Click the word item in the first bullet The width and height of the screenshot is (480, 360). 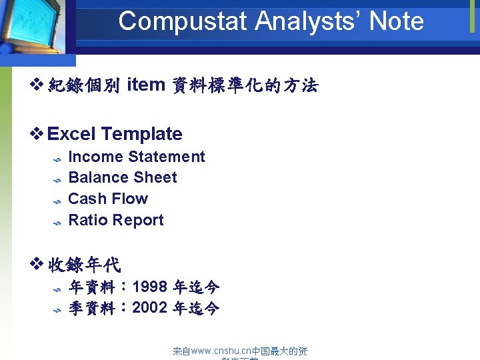click(146, 85)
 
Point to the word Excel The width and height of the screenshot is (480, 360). click(73, 134)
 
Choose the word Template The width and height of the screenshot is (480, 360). click(142, 134)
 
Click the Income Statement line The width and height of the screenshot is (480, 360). click(137, 157)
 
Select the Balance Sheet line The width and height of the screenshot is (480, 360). click(123, 177)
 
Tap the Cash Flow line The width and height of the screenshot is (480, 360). click(108, 199)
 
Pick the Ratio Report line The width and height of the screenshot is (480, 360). click(116, 220)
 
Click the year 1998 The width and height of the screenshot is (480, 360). click(150, 287)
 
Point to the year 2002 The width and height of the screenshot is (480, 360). click(150, 308)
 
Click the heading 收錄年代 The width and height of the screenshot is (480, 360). click(84, 265)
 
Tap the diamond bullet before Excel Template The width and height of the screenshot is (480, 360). click(38, 134)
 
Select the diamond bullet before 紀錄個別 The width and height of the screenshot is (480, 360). click(38, 85)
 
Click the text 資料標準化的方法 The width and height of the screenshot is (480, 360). click(245, 85)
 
